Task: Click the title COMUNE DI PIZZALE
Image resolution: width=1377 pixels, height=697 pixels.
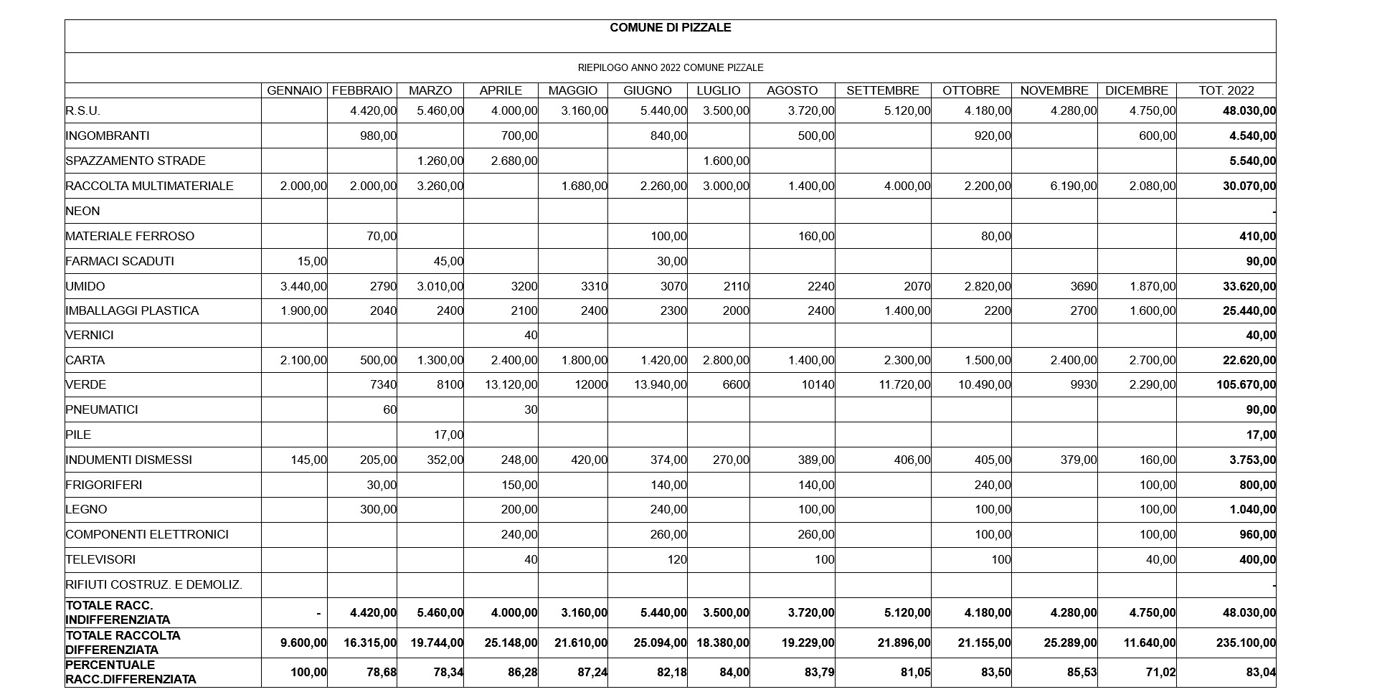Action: pos(670,28)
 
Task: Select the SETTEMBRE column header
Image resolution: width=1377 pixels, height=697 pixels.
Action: pos(882,91)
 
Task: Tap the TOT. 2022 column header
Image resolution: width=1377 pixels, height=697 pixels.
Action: pos(1226,91)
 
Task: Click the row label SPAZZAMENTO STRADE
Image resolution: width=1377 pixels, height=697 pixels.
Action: pos(135,161)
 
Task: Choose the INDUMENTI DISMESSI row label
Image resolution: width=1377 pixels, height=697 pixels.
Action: pos(128,460)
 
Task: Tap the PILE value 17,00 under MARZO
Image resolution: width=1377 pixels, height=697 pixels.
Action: pos(448,435)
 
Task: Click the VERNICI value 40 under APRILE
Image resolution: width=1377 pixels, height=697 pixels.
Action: pos(530,336)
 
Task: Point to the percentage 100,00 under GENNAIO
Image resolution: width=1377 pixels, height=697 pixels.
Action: pos(308,673)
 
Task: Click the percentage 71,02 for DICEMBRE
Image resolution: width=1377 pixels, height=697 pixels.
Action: pos(1160,673)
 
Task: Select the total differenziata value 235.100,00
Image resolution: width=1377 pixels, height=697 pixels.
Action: pos(1246,643)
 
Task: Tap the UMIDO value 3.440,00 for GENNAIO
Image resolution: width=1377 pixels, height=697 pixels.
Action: pos(303,287)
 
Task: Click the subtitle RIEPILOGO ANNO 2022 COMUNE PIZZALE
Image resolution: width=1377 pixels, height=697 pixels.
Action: pos(670,68)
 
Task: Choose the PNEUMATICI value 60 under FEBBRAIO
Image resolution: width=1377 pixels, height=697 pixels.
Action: pos(389,410)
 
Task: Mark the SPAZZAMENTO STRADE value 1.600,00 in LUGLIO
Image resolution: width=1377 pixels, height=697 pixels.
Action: pos(726,161)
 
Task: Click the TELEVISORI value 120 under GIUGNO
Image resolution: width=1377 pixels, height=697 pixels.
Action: pos(676,560)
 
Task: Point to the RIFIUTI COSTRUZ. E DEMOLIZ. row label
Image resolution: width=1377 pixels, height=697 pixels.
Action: pos(153,585)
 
